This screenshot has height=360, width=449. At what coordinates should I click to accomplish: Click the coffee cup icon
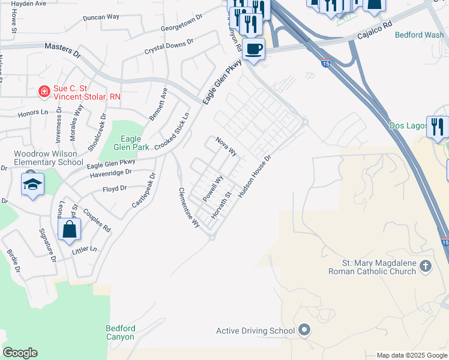click(254, 49)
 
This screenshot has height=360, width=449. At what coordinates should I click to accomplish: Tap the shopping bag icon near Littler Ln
click(70, 229)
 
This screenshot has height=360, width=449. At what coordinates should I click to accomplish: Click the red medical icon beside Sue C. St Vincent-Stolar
click(44, 91)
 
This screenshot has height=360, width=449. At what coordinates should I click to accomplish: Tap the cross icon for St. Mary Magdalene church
click(425, 266)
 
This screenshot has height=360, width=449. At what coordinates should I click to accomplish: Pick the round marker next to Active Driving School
click(304, 331)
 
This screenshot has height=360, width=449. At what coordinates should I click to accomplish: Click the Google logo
click(20, 353)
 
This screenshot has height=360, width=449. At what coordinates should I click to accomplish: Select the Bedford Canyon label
click(121, 332)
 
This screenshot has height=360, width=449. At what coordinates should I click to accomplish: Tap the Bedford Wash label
click(419, 35)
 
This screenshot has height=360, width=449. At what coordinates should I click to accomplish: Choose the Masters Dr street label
click(62, 50)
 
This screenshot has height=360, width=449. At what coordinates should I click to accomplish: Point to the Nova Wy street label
click(227, 146)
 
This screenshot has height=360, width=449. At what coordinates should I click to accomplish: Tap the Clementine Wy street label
click(188, 207)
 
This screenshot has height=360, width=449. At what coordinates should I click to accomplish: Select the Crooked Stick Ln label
click(172, 131)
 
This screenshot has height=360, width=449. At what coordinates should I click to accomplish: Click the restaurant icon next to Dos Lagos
click(437, 127)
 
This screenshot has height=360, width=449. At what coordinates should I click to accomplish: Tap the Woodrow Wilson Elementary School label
click(49, 158)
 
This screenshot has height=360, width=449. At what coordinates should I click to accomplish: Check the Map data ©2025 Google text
click(412, 355)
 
